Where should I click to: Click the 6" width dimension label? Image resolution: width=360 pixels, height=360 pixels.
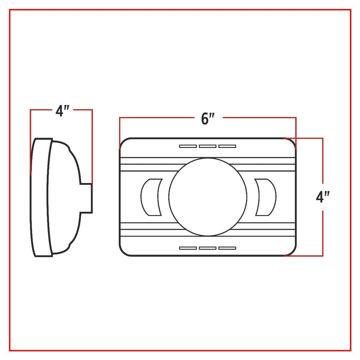point(207,118)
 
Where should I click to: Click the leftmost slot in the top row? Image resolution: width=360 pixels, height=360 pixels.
point(188,146)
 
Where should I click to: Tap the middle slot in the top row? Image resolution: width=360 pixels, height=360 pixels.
point(207,146)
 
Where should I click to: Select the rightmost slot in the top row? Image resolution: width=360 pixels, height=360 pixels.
point(227,146)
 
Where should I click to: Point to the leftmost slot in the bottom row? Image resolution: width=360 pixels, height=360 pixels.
point(188,248)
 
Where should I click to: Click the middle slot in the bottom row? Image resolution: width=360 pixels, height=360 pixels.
point(207,248)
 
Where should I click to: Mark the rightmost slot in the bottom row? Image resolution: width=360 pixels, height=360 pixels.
point(227,248)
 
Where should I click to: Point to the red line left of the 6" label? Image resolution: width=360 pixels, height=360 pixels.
point(155,118)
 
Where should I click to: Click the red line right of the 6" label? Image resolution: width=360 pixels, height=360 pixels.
point(260,118)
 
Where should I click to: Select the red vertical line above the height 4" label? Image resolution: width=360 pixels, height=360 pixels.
point(322,160)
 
